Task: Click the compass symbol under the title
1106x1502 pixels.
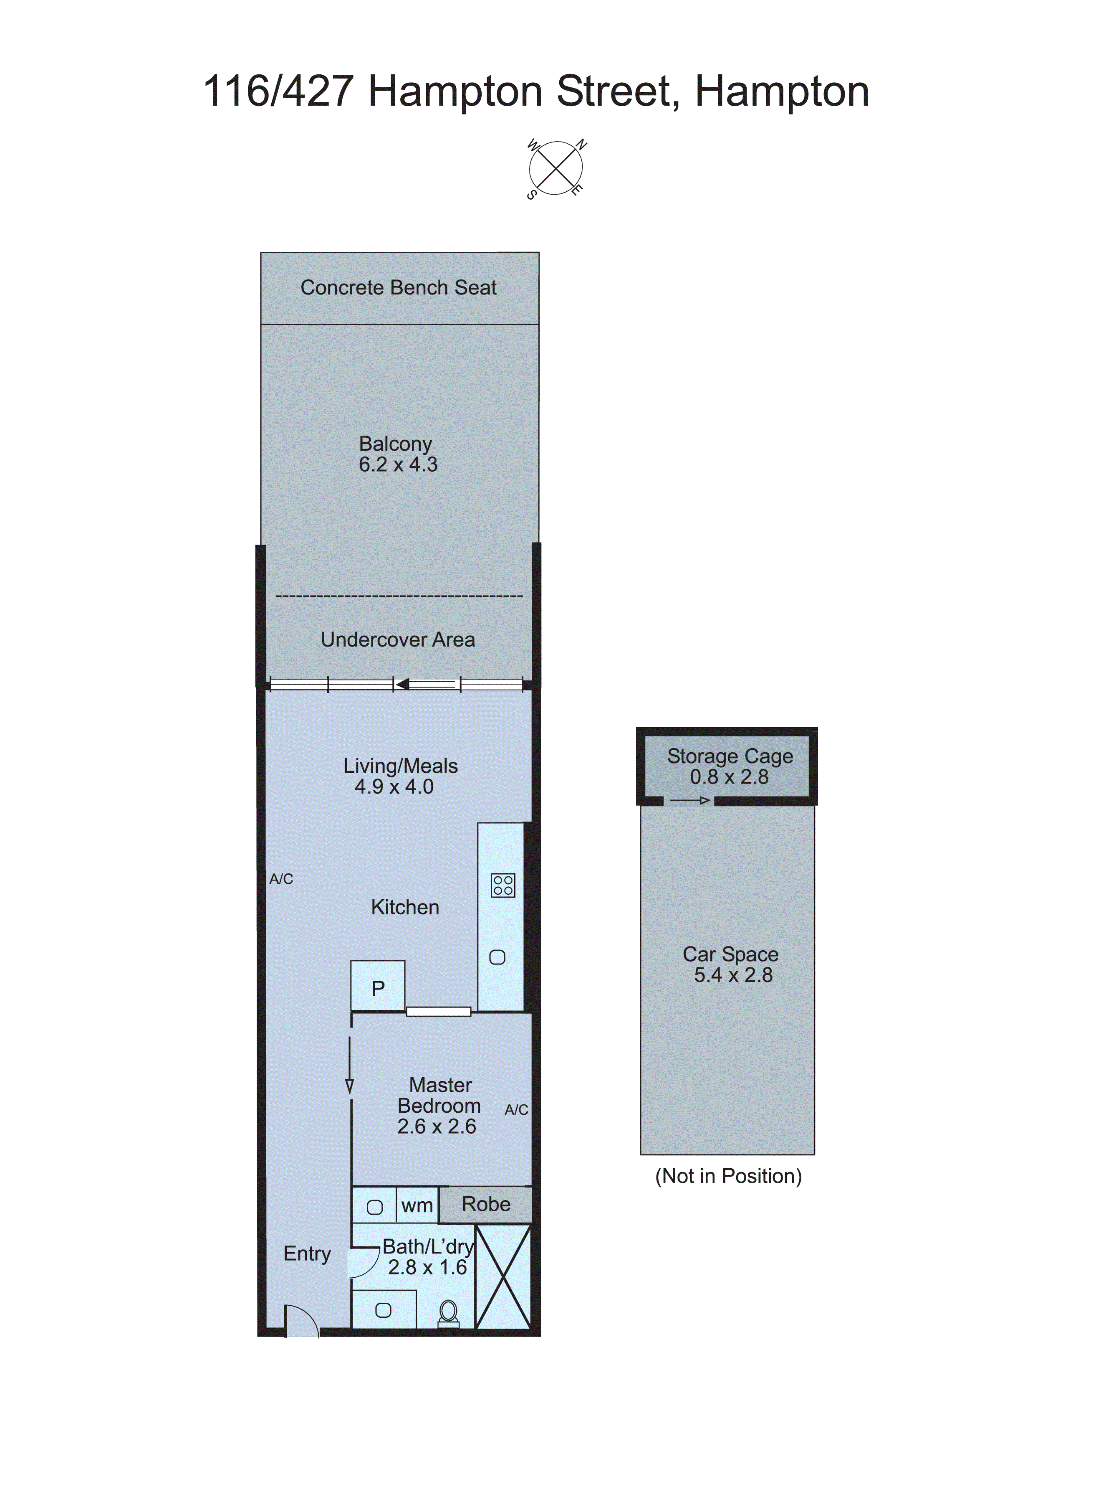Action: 555,168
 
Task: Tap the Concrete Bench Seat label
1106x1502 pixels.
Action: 398,287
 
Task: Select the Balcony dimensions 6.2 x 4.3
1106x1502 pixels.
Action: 398,464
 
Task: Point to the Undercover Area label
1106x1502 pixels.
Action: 398,640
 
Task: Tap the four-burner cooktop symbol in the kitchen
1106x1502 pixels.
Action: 503,885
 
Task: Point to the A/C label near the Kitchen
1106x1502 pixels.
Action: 281,879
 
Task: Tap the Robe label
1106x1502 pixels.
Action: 486,1204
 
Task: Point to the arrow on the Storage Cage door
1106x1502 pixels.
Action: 689,801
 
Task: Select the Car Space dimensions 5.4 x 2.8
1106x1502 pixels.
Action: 733,975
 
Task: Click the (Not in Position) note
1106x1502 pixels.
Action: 728,1176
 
